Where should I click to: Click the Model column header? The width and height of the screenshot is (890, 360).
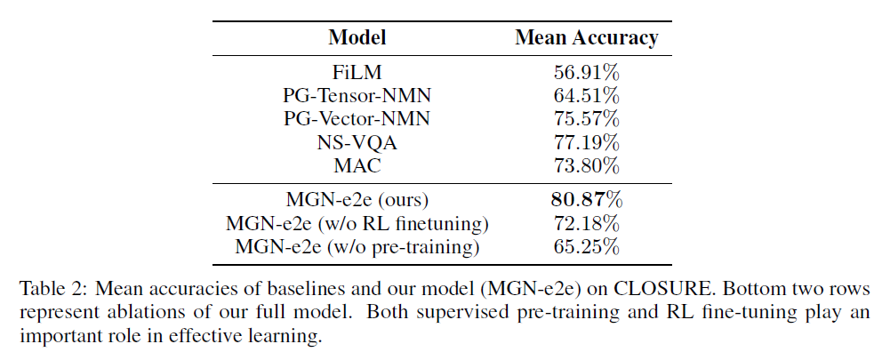point(357,37)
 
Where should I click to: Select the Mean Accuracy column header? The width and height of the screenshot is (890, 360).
point(587,37)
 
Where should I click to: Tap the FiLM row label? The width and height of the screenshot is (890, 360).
point(357,73)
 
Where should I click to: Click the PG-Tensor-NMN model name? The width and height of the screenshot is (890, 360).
point(357,96)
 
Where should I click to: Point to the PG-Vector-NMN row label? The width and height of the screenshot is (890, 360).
point(357,119)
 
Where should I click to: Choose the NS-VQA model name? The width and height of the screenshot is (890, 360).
point(357,142)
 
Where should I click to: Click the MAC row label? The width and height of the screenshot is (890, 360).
point(357,165)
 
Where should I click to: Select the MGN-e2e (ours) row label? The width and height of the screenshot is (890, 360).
point(357,200)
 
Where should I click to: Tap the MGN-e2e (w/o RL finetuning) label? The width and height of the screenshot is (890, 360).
point(357,223)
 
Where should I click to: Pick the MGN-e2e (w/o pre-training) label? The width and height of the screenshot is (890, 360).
point(357,246)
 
